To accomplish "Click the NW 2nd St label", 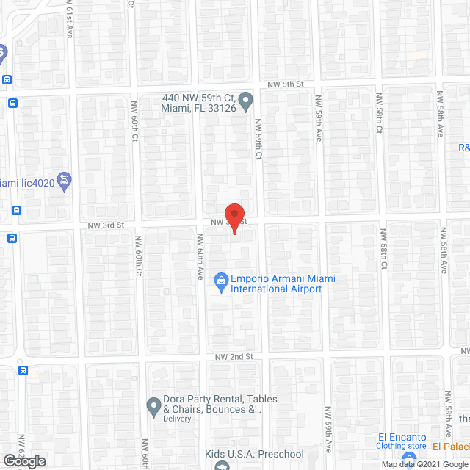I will (x=234, y=356).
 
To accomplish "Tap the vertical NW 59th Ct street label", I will (x=258, y=137).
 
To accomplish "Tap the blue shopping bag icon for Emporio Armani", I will (x=220, y=280).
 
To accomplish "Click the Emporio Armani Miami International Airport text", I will (x=276, y=283).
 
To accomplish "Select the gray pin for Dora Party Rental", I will (x=153, y=405).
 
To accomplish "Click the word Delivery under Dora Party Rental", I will (x=177, y=419).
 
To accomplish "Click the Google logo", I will (x=23, y=460).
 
